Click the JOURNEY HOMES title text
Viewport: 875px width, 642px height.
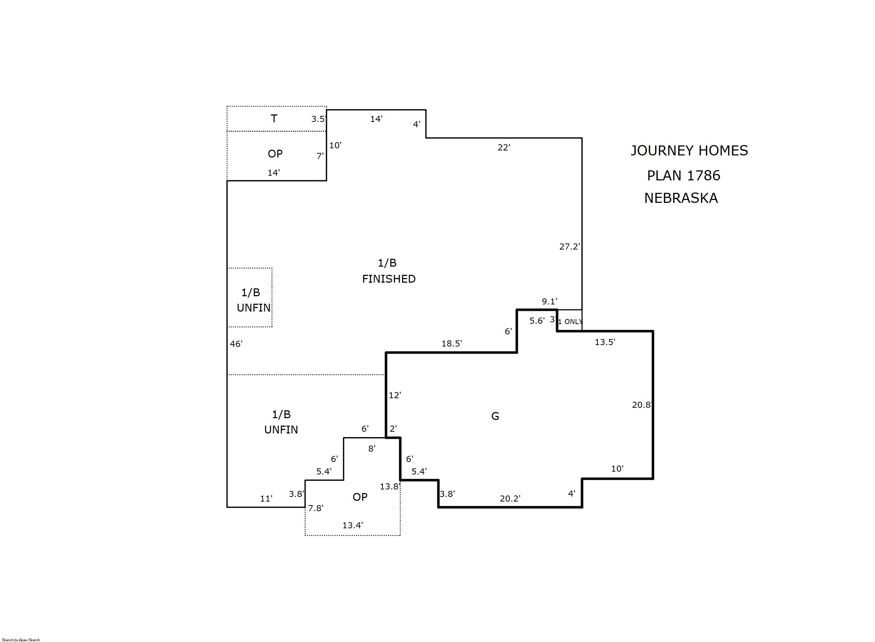pyautogui.click(x=689, y=151)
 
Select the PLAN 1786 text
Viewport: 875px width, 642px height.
pyautogui.click(x=684, y=176)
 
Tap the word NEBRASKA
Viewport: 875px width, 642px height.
pyautogui.click(x=681, y=198)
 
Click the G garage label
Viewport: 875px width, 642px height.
pyautogui.click(x=495, y=416)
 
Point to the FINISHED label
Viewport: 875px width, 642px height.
pyautogui.click(x=388, y=279)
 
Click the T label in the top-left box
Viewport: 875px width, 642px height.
pyautogui.click(x=274, y=119)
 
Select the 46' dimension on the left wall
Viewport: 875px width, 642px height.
pyautogui.click(x=236, y=344)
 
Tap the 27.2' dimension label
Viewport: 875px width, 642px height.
pyautogui.click(x=570, y=246)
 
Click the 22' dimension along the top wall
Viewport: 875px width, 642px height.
pyautogui.click(x=504, y=147)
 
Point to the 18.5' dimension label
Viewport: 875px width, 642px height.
pyautogui.click(x=452, y=344)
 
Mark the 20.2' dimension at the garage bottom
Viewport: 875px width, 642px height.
pyautogui.click(x=510, y=499)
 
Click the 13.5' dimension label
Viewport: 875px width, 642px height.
pyautogui.click(x=605, y=342)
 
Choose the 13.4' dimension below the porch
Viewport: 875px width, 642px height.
pyautogui.click(x=352, y=525)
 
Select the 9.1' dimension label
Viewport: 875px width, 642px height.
pyautogui.click(x=549, y=301)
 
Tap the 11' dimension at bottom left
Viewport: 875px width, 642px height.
pyautogui.click(x=266, y=499)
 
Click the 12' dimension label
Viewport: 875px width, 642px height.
pyautogui.click(x=395, y=395)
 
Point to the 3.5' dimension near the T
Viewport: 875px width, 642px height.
pyautogui.click(x=318, y=119)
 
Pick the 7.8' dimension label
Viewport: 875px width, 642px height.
pyautogui.click(x=316, y=508)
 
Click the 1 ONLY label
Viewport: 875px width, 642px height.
pyautogui.click(x=570, y=322)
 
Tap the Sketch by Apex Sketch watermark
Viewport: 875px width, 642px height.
pyautogui.click(x=21, y=640)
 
